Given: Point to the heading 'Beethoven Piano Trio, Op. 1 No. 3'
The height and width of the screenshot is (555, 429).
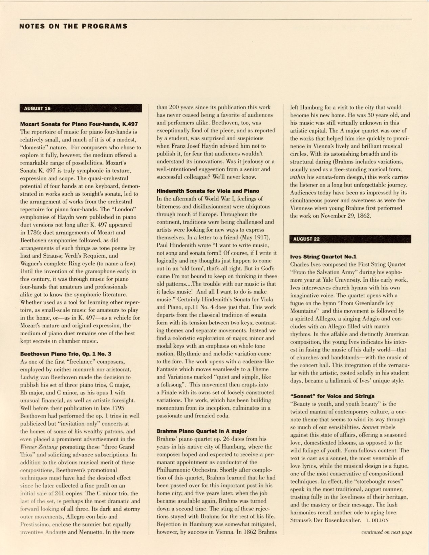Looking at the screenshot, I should pos(66,354).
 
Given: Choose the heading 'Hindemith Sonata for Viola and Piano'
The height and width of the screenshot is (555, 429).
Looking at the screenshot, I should pos(208,191).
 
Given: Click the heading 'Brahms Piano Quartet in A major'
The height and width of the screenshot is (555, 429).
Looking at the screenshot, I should pos(202,431).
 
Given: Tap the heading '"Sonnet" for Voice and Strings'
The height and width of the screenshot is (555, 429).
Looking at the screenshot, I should pos(333,396).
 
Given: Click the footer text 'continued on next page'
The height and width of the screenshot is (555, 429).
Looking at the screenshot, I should pos(386,532).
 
